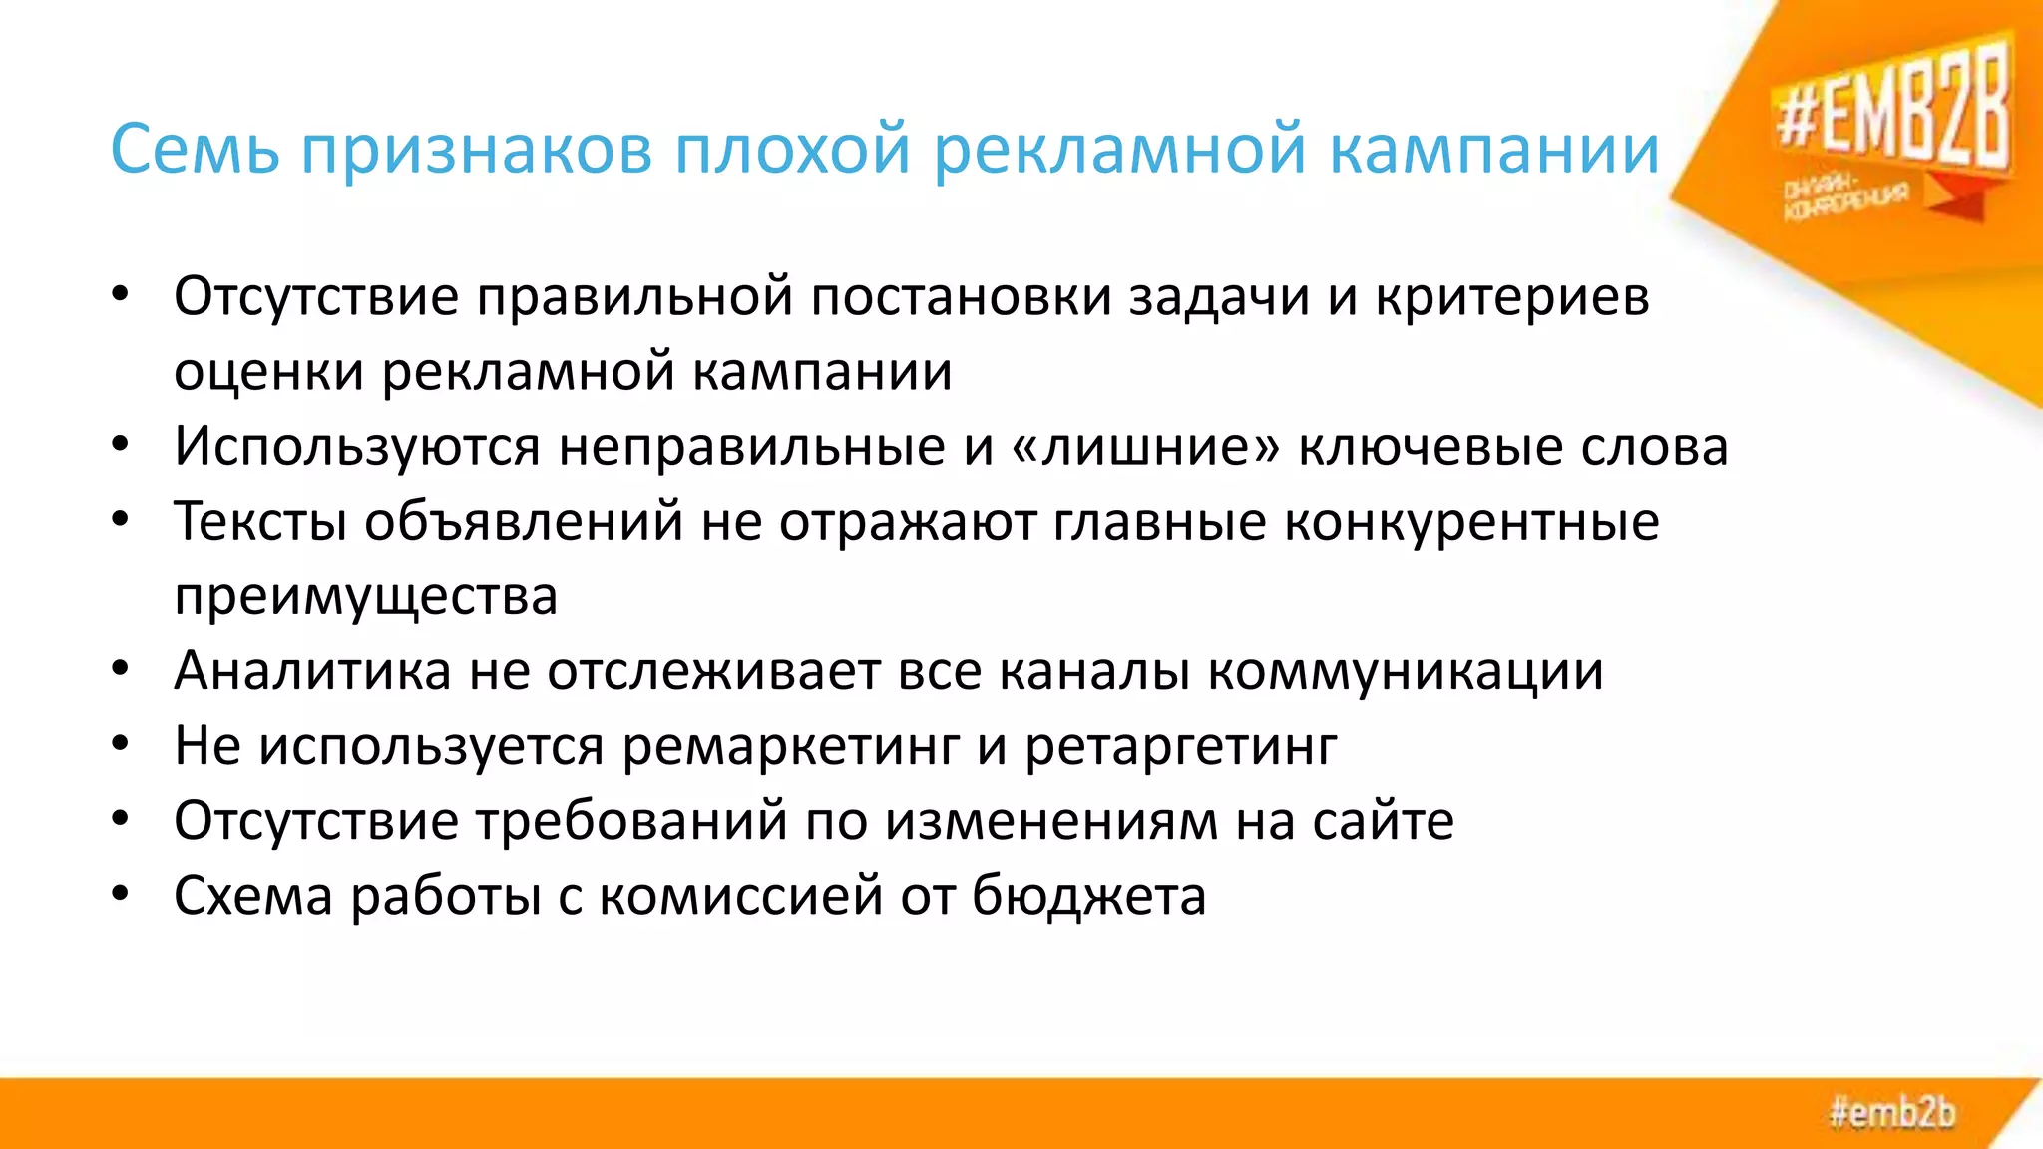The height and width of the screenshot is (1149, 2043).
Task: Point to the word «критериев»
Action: [x=1512, y=297]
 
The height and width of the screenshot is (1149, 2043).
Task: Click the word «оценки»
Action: [x=268, y=372]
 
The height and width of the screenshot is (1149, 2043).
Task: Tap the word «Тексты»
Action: [x=260, y=521]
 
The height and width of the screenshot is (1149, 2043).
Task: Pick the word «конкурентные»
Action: [x=1471, y=521]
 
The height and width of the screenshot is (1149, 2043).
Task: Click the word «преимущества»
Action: [x=365, y=596]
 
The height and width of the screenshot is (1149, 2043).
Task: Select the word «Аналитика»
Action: [x=312, y=670]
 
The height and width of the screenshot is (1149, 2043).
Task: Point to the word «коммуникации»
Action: [x=1406, y=670]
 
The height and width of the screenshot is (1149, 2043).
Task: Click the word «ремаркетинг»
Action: [x=790, y=746]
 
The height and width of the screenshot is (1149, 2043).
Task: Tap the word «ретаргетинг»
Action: [x=1181, y=746]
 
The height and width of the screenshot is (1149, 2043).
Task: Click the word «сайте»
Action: [x=1383, y=821]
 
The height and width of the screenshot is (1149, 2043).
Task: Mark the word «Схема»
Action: [x=253, y=895]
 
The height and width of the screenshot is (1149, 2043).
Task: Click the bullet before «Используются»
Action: [x=121, y=445]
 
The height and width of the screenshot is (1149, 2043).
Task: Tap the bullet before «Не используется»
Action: [x=121, y=745]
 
